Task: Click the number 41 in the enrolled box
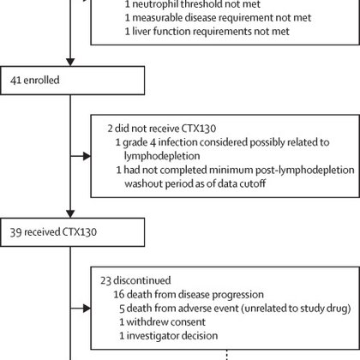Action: (15, 81)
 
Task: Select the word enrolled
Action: (41, 80)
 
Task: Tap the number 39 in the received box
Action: (15, 232)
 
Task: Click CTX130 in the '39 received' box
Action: (80, 232)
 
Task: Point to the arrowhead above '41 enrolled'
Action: (70, 62)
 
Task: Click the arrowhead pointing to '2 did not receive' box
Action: (87, 156)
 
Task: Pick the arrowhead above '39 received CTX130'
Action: (70, 213)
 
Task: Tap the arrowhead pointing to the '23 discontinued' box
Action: (87, 308)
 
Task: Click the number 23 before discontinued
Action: (105, 280)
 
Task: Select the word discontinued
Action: (142, 280)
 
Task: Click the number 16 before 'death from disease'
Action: (119, 294)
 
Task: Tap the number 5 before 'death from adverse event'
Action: (122, 309)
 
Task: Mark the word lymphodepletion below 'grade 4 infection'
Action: (162, 156)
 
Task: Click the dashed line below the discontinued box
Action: (227, 355)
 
